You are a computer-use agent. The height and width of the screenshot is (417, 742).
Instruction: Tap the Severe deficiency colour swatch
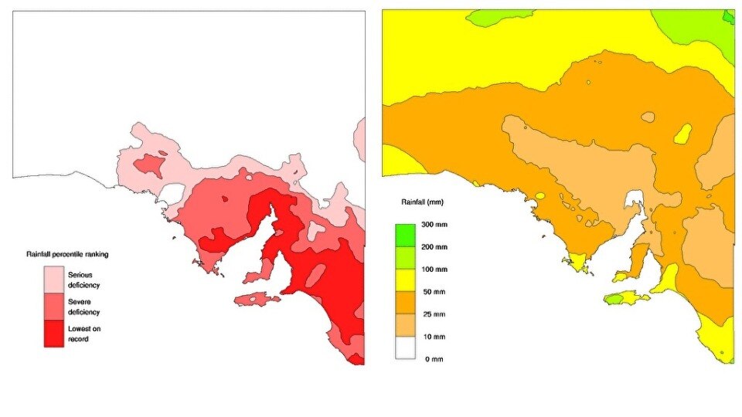click(53, 306)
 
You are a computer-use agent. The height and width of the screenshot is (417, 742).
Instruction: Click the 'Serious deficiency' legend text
click(84, 280)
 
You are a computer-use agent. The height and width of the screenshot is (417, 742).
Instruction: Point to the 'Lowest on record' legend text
click(84, 334)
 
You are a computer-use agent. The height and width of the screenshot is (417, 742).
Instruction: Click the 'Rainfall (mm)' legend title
click(422, 202)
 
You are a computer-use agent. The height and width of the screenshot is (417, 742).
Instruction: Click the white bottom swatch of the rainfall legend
click(407, 348)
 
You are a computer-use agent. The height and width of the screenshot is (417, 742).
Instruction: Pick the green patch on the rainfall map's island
click(614, 298)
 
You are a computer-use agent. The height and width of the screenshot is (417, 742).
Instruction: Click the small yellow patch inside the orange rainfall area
click(682, 134)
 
